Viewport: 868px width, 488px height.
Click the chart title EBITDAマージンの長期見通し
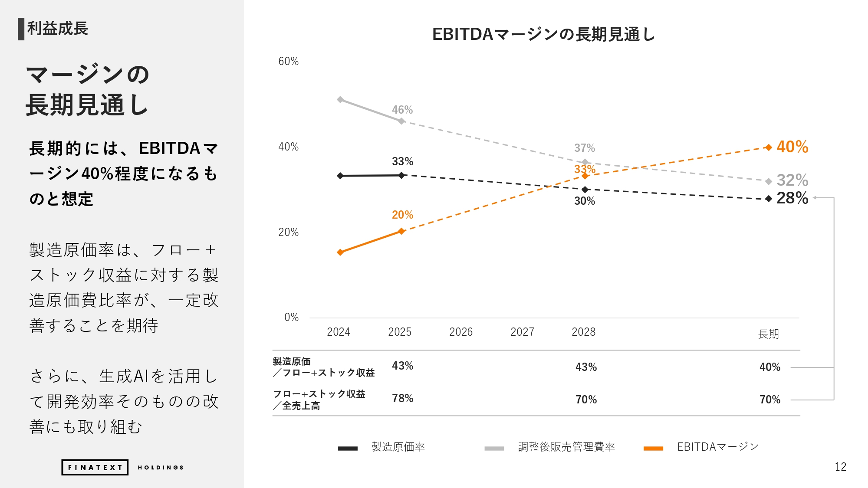543,34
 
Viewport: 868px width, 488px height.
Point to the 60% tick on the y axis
289,62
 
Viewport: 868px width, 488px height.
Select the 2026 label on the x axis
461,332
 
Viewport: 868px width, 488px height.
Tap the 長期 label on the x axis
768,334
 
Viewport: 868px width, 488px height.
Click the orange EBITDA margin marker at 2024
340,252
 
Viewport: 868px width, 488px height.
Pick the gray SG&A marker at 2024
340,100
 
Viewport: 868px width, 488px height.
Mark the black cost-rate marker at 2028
585,190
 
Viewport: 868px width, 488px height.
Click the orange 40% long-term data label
792,147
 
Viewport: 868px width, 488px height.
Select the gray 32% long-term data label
792,180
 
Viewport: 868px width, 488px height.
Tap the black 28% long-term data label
792,198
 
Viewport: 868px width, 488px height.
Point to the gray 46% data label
402,110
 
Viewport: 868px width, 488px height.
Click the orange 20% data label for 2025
402,215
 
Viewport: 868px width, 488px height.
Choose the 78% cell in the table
402,398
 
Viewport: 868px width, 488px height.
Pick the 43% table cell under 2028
586,367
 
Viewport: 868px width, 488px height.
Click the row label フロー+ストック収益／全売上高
319,400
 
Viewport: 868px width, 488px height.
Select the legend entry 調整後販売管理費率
566,447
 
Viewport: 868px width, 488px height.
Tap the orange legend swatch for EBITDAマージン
653,449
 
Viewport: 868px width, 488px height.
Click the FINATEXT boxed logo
95,467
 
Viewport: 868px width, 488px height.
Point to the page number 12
840,467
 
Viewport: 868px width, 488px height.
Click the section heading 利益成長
58,29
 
